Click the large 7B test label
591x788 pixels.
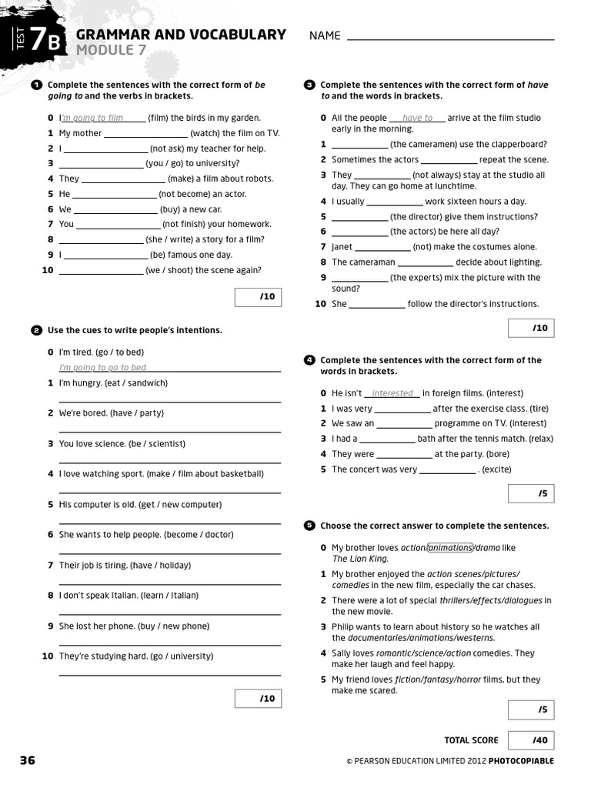coord(44,41)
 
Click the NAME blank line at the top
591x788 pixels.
coord(450,37)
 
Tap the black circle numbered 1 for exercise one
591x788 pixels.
coord(36,85)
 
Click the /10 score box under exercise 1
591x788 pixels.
coord(258,297)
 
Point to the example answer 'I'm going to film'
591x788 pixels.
coord(92,119)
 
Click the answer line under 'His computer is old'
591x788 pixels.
coord(169,523)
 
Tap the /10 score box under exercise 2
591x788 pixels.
coord(258,698)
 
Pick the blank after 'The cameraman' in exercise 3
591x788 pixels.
coord(425,262)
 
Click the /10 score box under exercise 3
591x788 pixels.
coord(531,328)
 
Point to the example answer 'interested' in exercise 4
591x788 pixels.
coord(392,393)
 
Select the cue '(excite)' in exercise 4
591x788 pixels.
coord(496,469)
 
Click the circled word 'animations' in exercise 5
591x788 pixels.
coord(450,548)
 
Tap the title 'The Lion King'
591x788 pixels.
coord(360,559)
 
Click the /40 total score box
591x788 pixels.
coord(531,740)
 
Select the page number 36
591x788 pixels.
coord(27,760)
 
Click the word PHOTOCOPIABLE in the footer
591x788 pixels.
coord(520,761)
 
